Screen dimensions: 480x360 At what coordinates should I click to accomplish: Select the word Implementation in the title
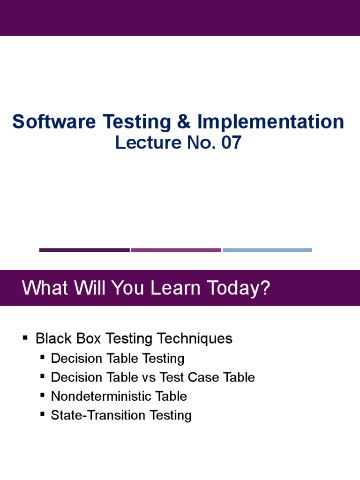click(270, 122)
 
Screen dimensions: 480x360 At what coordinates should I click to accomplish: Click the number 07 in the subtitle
click(231, 142)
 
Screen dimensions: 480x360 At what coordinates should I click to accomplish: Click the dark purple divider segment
click(84, 250)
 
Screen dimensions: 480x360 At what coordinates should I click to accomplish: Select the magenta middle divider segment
click(176, 250)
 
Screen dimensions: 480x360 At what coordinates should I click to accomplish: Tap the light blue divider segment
click(267, 250)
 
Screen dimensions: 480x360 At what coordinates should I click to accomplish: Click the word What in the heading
click(41, 288)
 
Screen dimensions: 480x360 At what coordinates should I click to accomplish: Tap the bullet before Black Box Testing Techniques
click(25, 337)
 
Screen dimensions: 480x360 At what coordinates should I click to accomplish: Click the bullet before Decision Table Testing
click(42, 357)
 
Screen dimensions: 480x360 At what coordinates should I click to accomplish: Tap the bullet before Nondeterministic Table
click(42, 395)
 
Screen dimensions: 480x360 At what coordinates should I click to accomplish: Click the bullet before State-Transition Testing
click(42, 414)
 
